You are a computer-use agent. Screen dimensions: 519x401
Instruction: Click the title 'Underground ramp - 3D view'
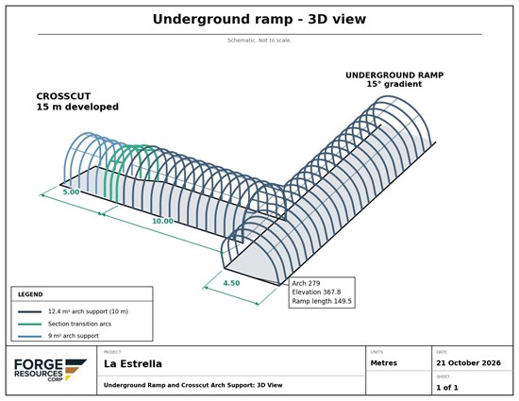point(259,19)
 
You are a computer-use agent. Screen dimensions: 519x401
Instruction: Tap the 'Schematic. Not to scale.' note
point(259,41)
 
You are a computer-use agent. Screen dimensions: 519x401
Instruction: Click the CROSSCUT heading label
point(63,96)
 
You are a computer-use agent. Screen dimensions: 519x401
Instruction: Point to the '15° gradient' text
point(393,84)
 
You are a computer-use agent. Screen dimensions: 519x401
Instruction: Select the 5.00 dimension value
point(71,192)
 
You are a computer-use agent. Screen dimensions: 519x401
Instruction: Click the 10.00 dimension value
point(162,221)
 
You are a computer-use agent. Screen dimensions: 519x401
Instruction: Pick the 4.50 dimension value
point(231,283)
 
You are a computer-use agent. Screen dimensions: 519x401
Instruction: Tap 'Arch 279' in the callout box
point(306,283)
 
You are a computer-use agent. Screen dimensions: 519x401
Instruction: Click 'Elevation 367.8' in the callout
point(316,292)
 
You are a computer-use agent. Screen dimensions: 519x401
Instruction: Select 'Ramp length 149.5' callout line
point(322,301)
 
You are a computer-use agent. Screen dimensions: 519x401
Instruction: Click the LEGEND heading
point(30,294)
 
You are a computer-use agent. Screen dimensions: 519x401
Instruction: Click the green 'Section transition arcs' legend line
point(30,324)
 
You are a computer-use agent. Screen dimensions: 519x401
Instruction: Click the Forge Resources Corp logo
point(50,370)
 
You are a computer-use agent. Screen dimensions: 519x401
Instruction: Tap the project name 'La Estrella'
point(133,364)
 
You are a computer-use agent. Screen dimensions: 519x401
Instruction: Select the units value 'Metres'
point(384,363)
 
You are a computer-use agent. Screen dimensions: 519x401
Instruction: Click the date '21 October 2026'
point(468,363)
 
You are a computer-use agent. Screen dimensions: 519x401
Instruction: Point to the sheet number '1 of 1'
point(447,388)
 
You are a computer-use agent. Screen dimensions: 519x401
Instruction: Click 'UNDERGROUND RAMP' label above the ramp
point(394,75)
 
